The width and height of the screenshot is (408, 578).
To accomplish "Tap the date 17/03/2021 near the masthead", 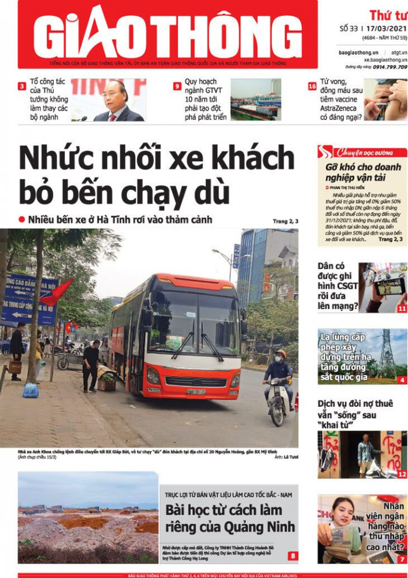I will (x=386, y=27).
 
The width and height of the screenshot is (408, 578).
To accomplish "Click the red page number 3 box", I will (x=22, y=86).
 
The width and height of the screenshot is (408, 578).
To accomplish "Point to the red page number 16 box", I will (x=312, y=86).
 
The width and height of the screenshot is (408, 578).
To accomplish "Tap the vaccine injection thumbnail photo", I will (x=385, y=100).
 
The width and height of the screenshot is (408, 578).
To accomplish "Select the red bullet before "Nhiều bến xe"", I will (x=22, y=219).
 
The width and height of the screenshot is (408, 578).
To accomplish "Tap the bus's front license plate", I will (x=196, y=392).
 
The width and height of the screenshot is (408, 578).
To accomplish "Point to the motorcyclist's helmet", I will (x=282, y=354).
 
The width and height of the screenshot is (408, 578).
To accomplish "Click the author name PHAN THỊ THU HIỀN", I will (x=350, y=188).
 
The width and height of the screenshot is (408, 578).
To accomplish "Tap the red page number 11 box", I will (x=402, y=308).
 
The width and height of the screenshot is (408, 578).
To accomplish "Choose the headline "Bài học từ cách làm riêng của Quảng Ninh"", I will (x=230, y=519).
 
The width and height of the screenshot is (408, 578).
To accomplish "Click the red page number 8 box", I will (x=292, y=555).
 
